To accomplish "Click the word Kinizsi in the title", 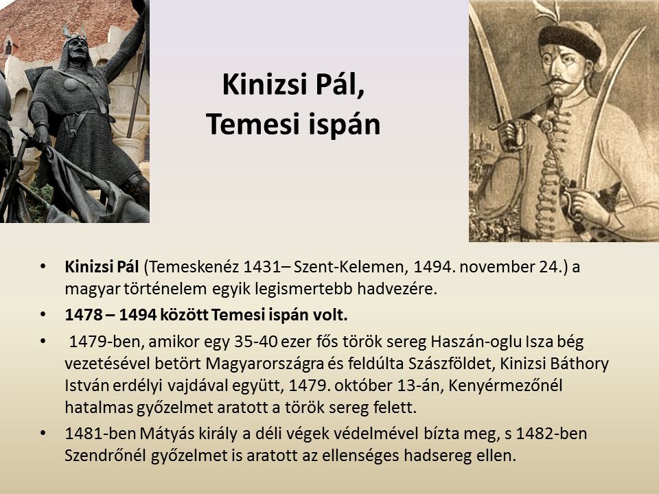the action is pos(265,84).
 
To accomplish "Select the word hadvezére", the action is pos(397,289).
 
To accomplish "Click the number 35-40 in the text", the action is pos(256,342).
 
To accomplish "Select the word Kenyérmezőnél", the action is pos(505,386).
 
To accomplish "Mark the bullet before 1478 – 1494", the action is pos(43,315).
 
